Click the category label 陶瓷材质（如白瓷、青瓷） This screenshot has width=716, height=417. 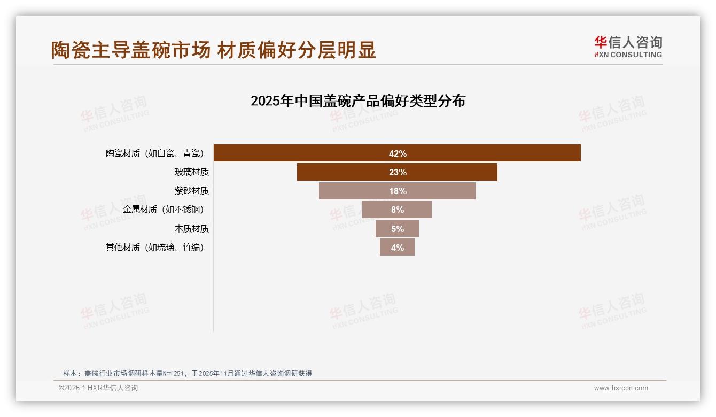click(x=154, y=153)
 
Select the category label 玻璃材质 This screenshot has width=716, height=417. click(x=191, y=172)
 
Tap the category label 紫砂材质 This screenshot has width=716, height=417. click(x=191, y=191)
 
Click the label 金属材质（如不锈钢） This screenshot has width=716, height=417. click(x=163, y=210)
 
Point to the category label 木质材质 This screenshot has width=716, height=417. click(x=191, y=229)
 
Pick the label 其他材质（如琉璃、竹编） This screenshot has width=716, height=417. click(x=154, y=248)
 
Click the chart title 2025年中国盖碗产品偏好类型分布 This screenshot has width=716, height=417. click(x=358, y=101)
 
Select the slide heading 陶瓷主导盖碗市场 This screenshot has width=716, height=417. click(x=131, y=50)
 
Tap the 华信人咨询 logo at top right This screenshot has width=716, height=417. click(x=628, y=47)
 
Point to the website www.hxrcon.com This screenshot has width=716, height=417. click(x=621, y=388)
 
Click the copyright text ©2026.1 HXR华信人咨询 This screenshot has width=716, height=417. click(x=98, y=388)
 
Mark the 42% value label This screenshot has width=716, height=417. click(x=398, y=153)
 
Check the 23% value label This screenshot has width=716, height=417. click(x=398, y=172)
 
